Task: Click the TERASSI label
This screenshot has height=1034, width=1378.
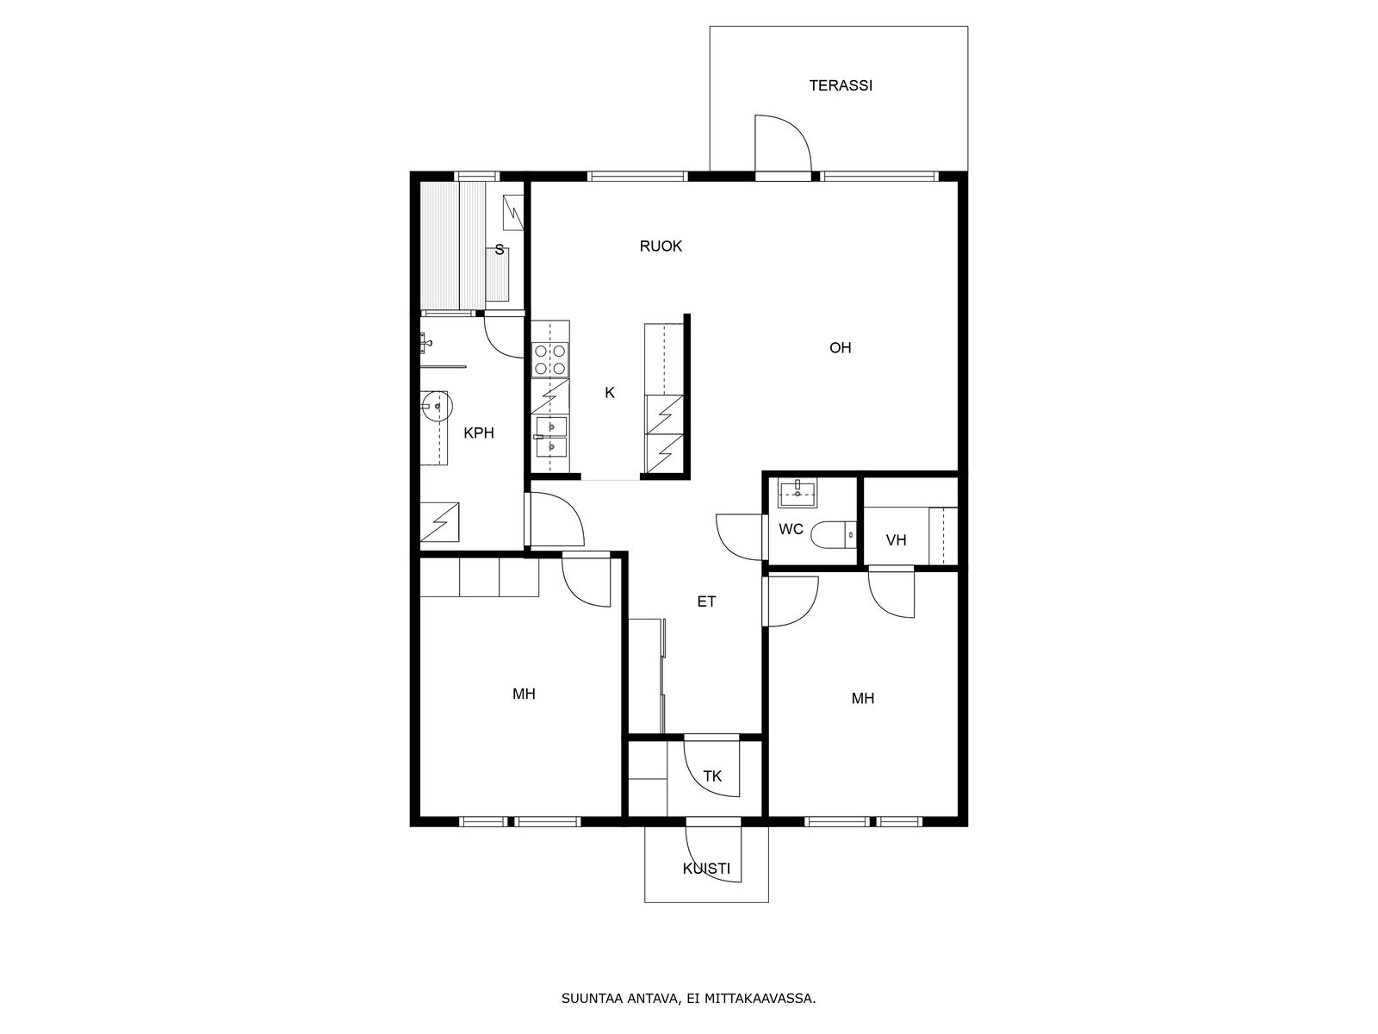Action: pyautogui.click(x=840, y=85)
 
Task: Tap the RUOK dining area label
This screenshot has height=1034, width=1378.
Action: pyautogui.click(x=661, y=246)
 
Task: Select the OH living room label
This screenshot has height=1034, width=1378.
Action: pyautogui.click(x=840, y=348)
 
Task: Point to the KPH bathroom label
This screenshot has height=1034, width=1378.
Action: pyautogui.click(x=479, y=433)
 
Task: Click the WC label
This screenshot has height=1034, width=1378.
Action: pyautogui.click(x=791, y=529)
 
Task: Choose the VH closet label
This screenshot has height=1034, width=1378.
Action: pyautogui.click(x=896, y=540)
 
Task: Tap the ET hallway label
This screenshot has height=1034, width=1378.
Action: pyautogui.click(x=706, y=601)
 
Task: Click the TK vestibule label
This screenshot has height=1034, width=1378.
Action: pyautogui.click(x=712, y=776)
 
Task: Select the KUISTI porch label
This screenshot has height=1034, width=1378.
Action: pyautogui.click(x=706, y=869)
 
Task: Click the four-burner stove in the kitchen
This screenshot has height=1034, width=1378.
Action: pyautogui.click(x=550, y=359)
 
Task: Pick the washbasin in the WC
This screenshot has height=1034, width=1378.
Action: pyautogui.click(x=798, y=493)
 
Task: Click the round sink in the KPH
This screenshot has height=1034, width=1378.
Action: pyautogui.click(x=434, y=407)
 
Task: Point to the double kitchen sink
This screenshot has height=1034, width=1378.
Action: pyautogui.click(x=551, y=436)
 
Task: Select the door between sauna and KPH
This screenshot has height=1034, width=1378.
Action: pyautogui.click(x=505, y=337)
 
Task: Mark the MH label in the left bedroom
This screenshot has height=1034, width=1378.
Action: pyautogui.click(x=524, y=694)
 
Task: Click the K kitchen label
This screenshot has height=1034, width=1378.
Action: pyautogui.click(x=610, y=393)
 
